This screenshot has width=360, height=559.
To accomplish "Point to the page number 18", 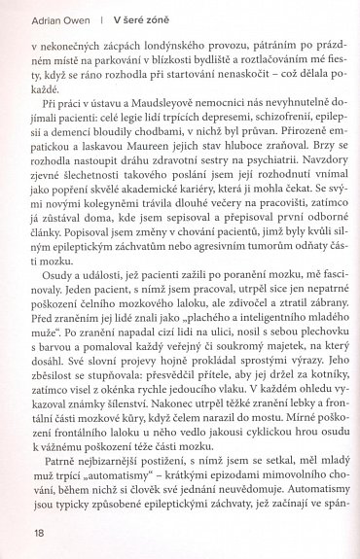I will point(38,532).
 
